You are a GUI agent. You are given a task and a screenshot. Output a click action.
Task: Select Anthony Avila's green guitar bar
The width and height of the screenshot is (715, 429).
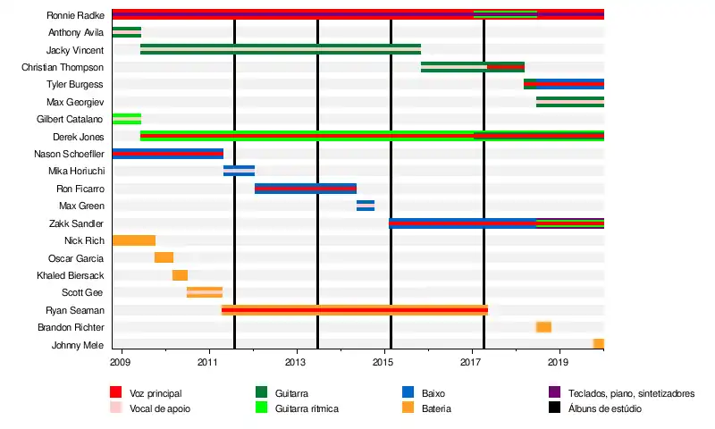coord(126,32)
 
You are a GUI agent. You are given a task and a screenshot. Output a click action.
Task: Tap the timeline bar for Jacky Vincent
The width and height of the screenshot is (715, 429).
coord(280,49)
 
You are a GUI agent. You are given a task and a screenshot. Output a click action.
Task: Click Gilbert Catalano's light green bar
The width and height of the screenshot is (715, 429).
coord(126,119)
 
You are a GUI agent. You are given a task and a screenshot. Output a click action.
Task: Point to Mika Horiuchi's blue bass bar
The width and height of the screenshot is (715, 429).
coord(239,171)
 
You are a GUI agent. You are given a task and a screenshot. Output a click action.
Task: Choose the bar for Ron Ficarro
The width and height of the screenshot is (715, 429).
coord(305,188)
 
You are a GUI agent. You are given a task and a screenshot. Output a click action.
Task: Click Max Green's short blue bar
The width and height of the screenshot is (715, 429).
coord(365,206)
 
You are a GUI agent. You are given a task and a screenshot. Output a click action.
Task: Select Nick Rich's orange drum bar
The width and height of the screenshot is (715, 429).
coord(133,240)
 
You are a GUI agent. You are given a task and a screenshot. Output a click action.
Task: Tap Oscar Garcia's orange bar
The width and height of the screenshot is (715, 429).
coord(164,257)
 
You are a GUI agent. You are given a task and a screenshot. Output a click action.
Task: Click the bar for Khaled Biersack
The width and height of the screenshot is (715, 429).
coord(180,275)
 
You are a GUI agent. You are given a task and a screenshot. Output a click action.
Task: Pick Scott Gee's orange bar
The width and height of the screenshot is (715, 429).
coord(205,292)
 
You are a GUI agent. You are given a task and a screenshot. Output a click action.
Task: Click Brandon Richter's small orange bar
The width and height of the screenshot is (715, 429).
coord(543,327)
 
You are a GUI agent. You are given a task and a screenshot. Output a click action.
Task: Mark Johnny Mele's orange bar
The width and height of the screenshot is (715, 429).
coord(599,344)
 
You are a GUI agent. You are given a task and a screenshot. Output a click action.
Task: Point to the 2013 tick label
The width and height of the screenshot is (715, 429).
coord(296,362)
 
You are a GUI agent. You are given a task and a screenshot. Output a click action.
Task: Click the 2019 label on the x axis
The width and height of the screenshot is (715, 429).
coord(559,362)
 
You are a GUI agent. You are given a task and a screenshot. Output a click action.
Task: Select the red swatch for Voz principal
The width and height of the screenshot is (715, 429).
coord(115,392)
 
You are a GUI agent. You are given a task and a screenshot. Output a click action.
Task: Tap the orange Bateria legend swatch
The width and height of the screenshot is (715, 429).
coord(408,408)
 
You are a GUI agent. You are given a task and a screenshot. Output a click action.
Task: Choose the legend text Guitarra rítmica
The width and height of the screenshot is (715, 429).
coord(307,408)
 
